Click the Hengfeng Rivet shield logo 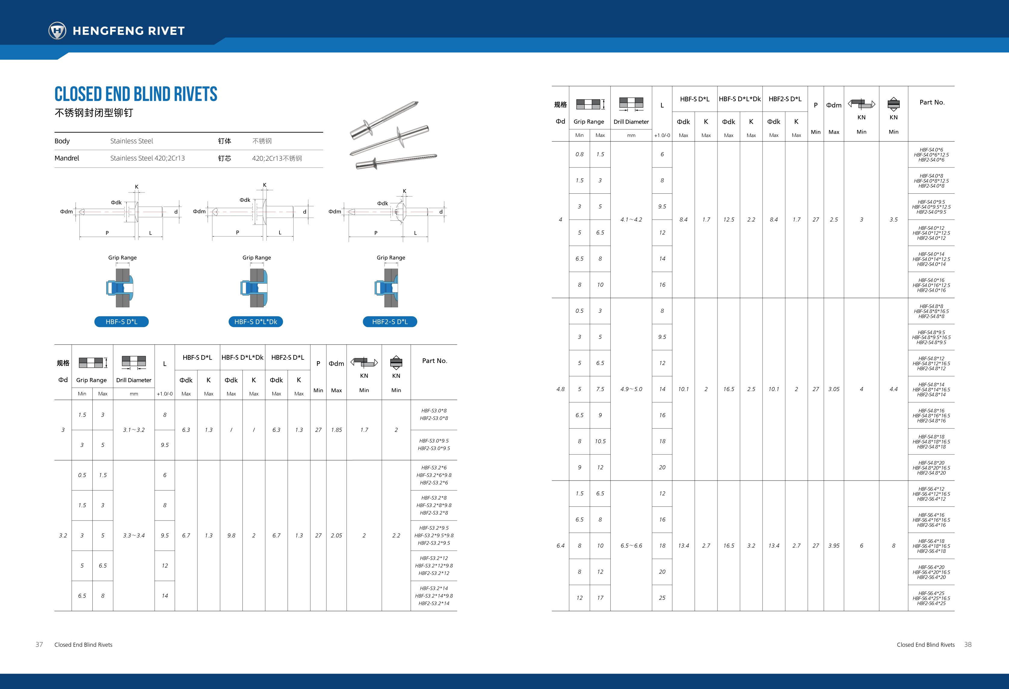(57, 30)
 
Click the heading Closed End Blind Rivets (136, 94)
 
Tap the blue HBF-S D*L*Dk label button (256, 322)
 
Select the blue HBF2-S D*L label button (390, 322)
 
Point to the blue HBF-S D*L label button (122, 322)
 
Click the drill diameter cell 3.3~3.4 (134, 535)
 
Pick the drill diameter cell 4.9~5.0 (631, 389)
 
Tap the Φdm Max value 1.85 (336, 430)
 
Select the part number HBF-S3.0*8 (434, 411)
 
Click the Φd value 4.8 (560, 389)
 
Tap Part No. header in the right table (932, 103)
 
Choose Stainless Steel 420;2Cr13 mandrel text (147, 158)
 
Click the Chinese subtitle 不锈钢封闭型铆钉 (94, 113)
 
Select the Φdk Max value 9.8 (231, 535)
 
